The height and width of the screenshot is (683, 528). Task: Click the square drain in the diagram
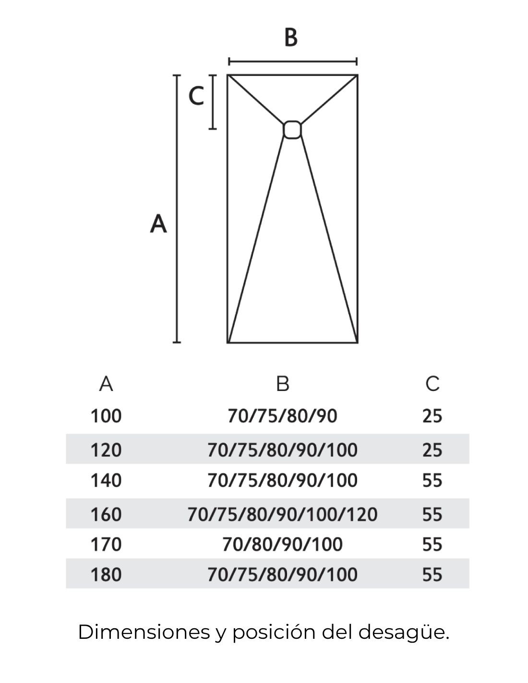(x=292, y=130)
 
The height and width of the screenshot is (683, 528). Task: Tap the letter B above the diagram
(x=291, y=37)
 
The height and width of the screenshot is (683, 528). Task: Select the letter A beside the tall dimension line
(x=158, y=223)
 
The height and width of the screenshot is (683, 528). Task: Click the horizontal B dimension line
(x=292, y=61)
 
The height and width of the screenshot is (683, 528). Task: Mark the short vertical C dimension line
(x=212, y=102)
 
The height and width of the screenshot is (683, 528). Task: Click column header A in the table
(x=106, y=384)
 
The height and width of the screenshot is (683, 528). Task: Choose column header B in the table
(x=283, y=384)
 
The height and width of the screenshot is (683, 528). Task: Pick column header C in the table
(x=432, y=384)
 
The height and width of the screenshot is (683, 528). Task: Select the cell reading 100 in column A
(x=106, y=416)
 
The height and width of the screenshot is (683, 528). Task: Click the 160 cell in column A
(x=106, y=514)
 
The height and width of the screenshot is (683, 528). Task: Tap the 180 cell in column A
(x=106, y=574)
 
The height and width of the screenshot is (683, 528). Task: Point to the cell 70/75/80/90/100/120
(x=282, y=514)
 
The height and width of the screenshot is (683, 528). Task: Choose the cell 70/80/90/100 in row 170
(x=282, y=545)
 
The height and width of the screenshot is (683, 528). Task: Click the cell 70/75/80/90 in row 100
(x=282, y=416)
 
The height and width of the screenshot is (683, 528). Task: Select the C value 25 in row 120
(x=432, y=450)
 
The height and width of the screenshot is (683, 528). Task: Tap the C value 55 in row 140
(x=432, y=480)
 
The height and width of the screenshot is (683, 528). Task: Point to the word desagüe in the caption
(x=403, y=633)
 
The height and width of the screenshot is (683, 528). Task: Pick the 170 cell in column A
(x=106, y=545)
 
